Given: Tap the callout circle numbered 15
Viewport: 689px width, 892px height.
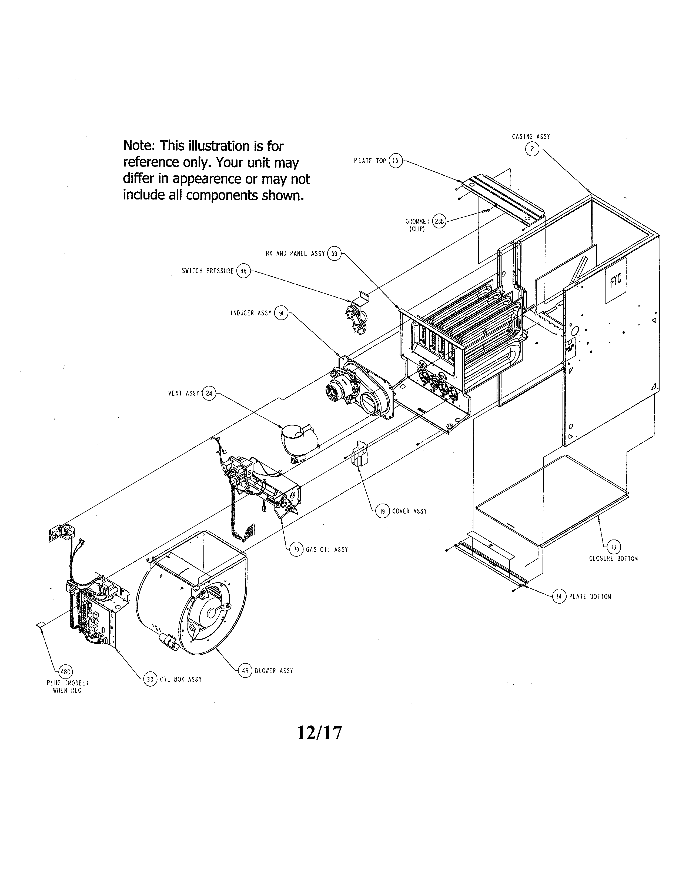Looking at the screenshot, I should point(395,161).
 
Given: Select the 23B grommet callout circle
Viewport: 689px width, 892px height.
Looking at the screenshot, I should point(439,221).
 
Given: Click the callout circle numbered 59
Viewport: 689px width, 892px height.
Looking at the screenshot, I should point(334,254).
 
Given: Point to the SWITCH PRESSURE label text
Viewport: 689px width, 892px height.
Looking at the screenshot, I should point(208,271).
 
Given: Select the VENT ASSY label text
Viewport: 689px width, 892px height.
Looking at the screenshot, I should point(184,393).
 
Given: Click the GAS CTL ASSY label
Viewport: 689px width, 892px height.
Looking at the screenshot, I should point(327,550).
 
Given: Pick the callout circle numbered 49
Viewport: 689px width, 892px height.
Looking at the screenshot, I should point(245,671).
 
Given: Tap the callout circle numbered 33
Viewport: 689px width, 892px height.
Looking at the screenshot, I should point(150,679).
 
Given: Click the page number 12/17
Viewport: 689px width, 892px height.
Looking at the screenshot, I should point(319,733).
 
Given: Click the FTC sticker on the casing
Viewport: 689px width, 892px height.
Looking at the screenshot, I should point(615,281).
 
